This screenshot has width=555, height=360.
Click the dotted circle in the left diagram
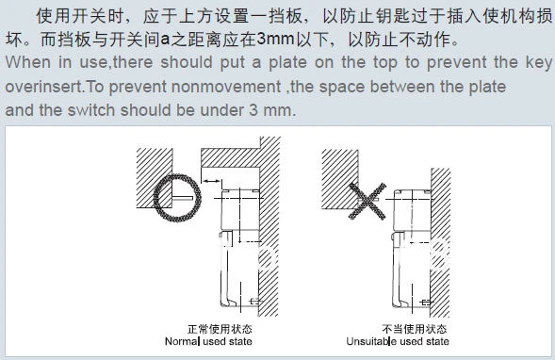tap(155, 198)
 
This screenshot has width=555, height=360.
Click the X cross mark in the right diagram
tap(367, 201)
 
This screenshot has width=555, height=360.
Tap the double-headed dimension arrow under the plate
tap(212, 181)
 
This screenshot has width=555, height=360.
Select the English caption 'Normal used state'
tap(208, 341)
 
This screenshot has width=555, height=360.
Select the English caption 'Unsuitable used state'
tap(398, 341)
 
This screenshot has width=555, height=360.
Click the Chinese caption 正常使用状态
tap(220, 329)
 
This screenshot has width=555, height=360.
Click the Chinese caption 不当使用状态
tap(415, 329)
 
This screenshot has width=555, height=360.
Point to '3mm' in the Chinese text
tap(276, 39)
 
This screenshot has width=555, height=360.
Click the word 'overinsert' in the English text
tap(43, 87)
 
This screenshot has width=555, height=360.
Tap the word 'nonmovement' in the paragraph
tap(226, 87)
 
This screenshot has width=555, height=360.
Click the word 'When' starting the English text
tap(28, 62)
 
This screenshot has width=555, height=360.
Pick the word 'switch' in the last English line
tap(91, 110)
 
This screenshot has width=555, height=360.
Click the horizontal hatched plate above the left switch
tap(231, 158)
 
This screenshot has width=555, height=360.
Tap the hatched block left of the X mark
tap(340, 179)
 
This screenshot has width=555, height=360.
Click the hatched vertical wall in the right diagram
tap(440, 242)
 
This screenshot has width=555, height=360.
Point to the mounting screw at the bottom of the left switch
tap(254, 302)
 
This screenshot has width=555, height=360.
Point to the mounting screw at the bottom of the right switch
tap(427, 303)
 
